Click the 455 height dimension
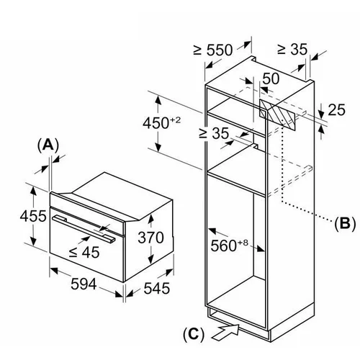tap(33, 216)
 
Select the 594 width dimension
tap(84, 284)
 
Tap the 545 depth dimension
tap(157, 288)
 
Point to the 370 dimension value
tap(150, 238)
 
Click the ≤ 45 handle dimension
tap(84, 252)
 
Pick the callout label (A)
tap(48, 145)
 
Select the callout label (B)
tap(345, 223)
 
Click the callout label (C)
tap(194, 333)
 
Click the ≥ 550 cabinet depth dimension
tap(213, 50)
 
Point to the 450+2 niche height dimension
tap(161, 123)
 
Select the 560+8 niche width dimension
tap(229, 246)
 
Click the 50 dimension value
tap(271, 78)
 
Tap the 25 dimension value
tap(336, 109)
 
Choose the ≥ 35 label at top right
tap(292, 49)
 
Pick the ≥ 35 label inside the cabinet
tap(214, 133)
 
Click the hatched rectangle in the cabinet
tap(277, 115)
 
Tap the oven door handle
tap(84, 228)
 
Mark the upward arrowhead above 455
tap(33, 190)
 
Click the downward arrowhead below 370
tap(150, 259)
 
